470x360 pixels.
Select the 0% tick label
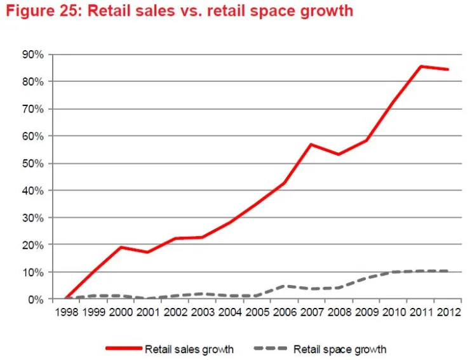click(36, 299)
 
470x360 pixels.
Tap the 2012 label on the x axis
click(448, 312)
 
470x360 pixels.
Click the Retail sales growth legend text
click(189, 349)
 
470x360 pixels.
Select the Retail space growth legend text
click(340, 349)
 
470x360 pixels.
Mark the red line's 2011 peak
click(420, 66)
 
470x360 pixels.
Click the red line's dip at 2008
click(338, 154)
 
